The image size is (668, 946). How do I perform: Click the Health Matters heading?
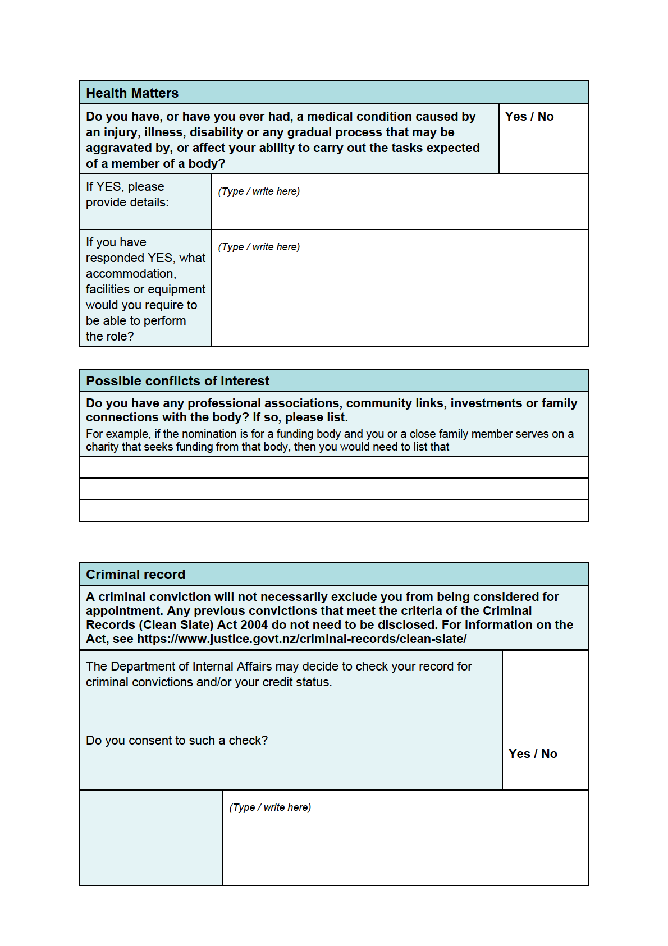[x=132, y=93]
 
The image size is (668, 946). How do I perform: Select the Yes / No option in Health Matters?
[x=529, y=117]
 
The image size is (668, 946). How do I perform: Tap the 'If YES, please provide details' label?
[x=127, y=195]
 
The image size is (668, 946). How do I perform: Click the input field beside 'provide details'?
[x=400, y=202]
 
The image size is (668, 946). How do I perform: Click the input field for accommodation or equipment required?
[x=400, y=288]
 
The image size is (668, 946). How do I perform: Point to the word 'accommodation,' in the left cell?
[x=131, y=274]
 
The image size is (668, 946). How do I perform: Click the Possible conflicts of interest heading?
[x=177, y=381]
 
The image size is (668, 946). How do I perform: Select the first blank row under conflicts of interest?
[x=334, y=467]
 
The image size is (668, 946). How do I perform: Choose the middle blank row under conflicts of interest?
[x=334, y=489]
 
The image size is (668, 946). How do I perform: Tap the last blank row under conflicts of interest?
[x=334, y=511]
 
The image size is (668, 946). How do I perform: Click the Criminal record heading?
[x=135, y=575]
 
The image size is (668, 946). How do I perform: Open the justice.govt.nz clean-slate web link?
[x=301, y=639]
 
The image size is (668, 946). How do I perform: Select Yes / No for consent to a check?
[x=532, y=754]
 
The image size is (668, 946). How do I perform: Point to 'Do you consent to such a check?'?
[x=177, y=741]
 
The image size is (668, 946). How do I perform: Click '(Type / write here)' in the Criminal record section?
[x=270, y=807]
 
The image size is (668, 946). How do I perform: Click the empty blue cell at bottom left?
[x=151, y=838]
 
